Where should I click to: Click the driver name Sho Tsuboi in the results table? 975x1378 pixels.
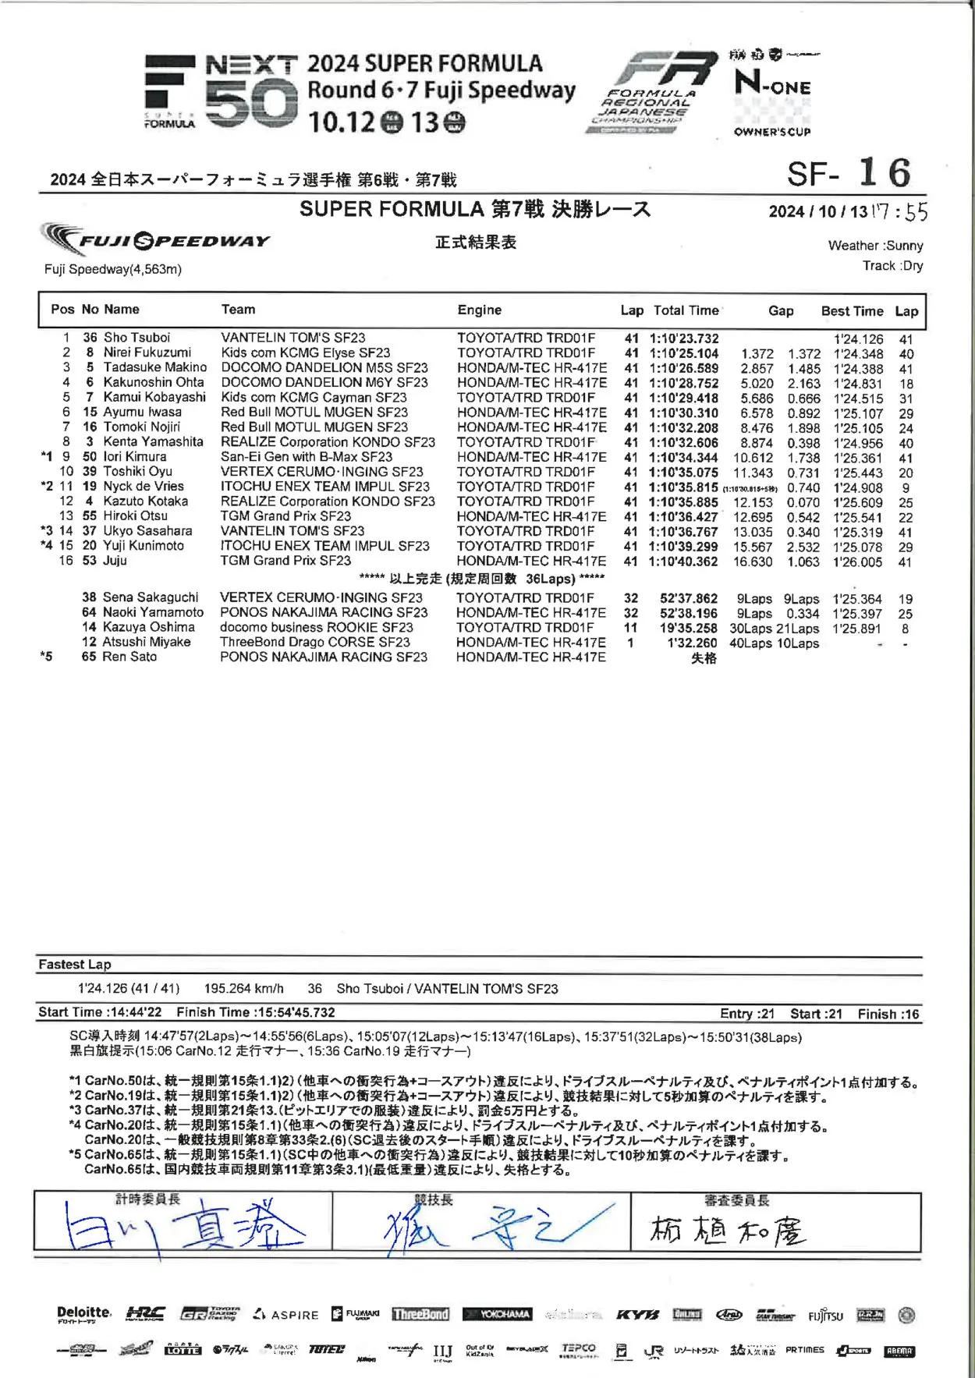136,338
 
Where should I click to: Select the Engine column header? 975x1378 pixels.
480,310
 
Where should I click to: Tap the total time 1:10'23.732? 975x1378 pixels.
684,338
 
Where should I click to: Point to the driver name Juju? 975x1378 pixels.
115,561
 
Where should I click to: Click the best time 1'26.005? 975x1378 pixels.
857,561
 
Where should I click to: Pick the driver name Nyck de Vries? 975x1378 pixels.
144,487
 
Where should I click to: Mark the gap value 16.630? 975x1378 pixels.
753,561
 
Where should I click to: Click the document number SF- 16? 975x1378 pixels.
849,173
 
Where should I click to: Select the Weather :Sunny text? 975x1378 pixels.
875,246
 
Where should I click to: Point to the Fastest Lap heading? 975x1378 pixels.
75,965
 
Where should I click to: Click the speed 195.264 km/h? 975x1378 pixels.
244,989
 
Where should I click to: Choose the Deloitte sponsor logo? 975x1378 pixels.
84,1315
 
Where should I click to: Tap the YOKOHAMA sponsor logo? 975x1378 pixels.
498,1315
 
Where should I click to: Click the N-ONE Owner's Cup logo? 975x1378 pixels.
772,94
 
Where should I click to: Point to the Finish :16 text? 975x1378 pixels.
888,1015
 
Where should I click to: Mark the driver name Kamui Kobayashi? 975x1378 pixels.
154,398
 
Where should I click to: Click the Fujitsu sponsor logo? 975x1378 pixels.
825,1316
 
